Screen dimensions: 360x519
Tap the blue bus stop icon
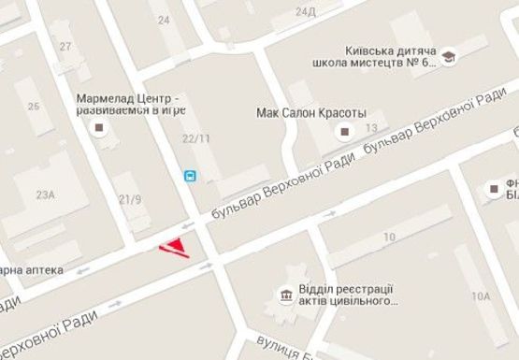pyautogui.click(x=189, y=175)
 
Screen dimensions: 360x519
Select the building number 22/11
pyautogui.click(x=195, y=138)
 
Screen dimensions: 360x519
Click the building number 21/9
pyautogui.click(x=130, y=199)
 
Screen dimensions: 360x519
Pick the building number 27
pyautogui.click(x=65, y=47)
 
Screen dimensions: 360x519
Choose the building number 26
pyautogui.click(x=35, y=106)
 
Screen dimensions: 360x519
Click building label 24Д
pyautogui.click(x=305, y=12)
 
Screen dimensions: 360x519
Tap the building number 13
pyautogui.click(x=371, y=128)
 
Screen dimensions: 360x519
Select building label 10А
pyautogui.click(x=481, y=296)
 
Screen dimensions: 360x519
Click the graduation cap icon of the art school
pyautogui.click(x=449, y=57)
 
